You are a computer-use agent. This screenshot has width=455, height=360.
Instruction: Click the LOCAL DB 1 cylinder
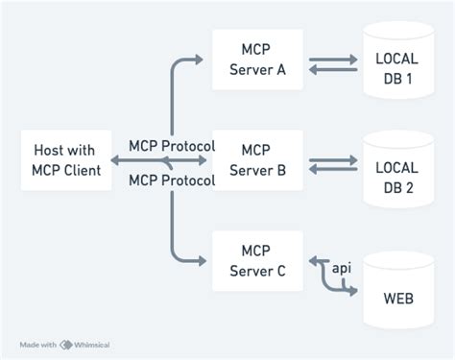396,66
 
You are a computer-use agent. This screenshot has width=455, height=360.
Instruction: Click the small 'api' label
339,267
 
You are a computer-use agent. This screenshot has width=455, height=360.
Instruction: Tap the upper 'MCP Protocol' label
172,146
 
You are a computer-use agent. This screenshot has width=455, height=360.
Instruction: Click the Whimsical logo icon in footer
66,344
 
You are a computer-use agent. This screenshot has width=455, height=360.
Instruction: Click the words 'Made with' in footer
38,344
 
